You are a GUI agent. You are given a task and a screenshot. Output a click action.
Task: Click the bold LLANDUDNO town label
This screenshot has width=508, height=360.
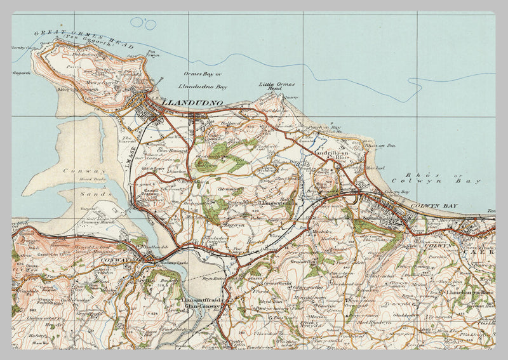tap(192, 102)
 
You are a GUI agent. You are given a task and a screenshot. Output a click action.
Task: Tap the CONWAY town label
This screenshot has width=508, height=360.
tap(128, 260)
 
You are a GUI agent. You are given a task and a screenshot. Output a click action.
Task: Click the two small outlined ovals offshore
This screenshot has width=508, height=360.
tap(144, 23)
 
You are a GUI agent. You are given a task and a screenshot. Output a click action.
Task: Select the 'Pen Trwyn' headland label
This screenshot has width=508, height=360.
tap(151, 55)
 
